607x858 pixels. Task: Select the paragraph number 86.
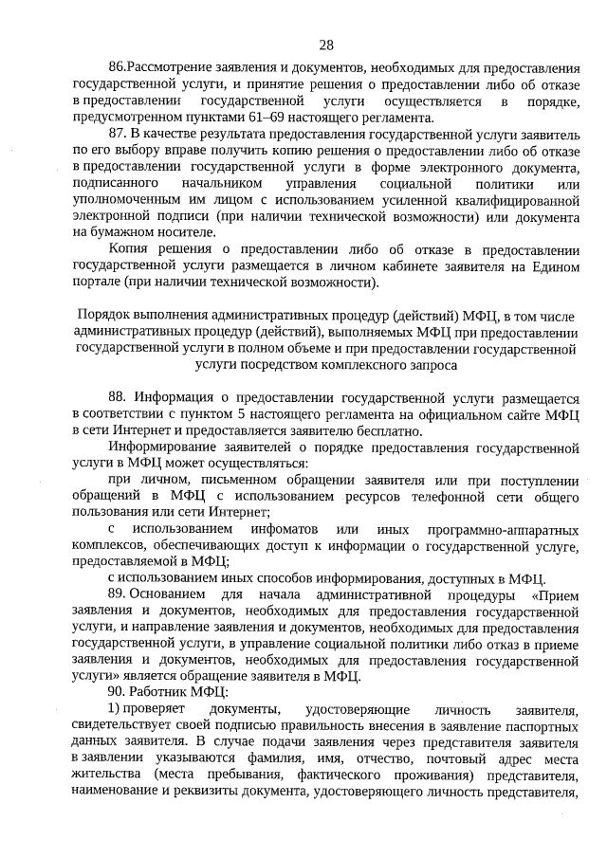coord(117,70)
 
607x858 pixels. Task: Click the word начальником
coord(218,183)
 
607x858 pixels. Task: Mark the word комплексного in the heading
coord(358,363)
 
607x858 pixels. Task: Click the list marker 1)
coord(115,709)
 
